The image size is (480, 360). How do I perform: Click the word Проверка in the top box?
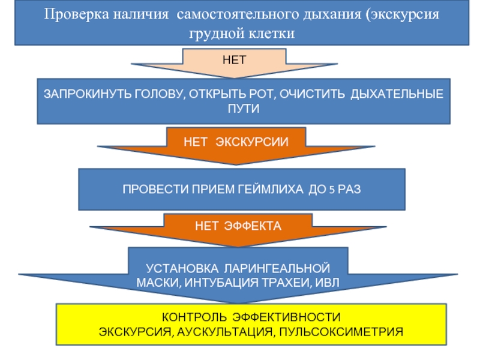tap(76, 14)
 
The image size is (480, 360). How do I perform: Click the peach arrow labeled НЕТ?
tap(235, 63)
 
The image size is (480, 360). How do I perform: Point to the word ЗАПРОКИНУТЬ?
tap(87, 94)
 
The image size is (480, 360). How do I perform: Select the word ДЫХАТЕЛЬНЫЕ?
tap(397, 94)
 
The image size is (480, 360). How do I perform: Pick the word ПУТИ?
tap(244, 109)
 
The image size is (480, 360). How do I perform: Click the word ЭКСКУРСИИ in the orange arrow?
tap(252, 142)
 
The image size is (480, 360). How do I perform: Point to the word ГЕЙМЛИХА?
tap(271, 189)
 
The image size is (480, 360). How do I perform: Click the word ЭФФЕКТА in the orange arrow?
tap(253, 226)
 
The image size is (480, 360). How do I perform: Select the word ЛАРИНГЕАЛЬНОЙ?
tap(277, 268)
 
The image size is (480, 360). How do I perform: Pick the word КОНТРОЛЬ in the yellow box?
tap(194, 317)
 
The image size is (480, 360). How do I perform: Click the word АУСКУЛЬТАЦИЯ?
tap(224, 332)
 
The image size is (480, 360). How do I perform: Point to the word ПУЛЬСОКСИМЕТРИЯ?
tap(341, 332)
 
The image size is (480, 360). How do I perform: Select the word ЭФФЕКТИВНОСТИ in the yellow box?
tap(286, 317)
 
